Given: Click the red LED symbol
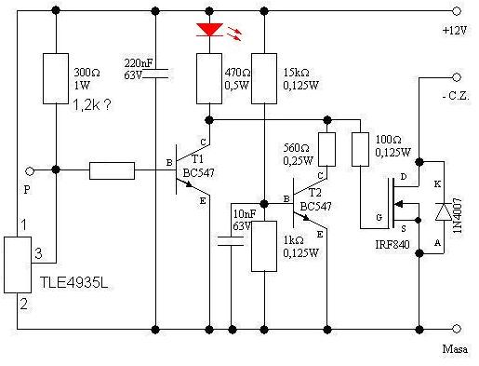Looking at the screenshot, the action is (209, 30).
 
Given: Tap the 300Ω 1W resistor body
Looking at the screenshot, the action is (56, 78).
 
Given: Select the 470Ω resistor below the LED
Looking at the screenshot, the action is (209, 78).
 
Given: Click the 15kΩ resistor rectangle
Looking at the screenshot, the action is (264, 78).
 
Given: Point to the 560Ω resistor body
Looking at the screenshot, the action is (327, 149).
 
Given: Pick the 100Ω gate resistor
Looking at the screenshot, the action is (360, 149).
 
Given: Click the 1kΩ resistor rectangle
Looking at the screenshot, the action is (264, 246).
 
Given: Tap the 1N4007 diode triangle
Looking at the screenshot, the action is (444, 212).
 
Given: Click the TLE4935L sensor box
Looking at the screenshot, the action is (18, 264).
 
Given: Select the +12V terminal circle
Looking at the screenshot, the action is (457, 11).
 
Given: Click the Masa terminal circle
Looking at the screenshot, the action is (457, 329).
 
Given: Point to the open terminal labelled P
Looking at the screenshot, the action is (30, 170).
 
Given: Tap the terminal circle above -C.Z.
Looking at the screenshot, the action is (457, 77).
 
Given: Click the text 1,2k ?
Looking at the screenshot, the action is (91, 105).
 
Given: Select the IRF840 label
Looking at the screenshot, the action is (393, 245).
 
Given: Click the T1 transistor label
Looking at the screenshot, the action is (197, 159).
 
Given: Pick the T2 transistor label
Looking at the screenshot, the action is (314, 193).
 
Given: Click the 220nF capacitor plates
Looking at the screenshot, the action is (155, 74).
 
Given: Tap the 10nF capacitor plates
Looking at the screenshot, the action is (231, 241).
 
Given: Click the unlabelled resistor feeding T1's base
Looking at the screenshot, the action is (112, 170).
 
